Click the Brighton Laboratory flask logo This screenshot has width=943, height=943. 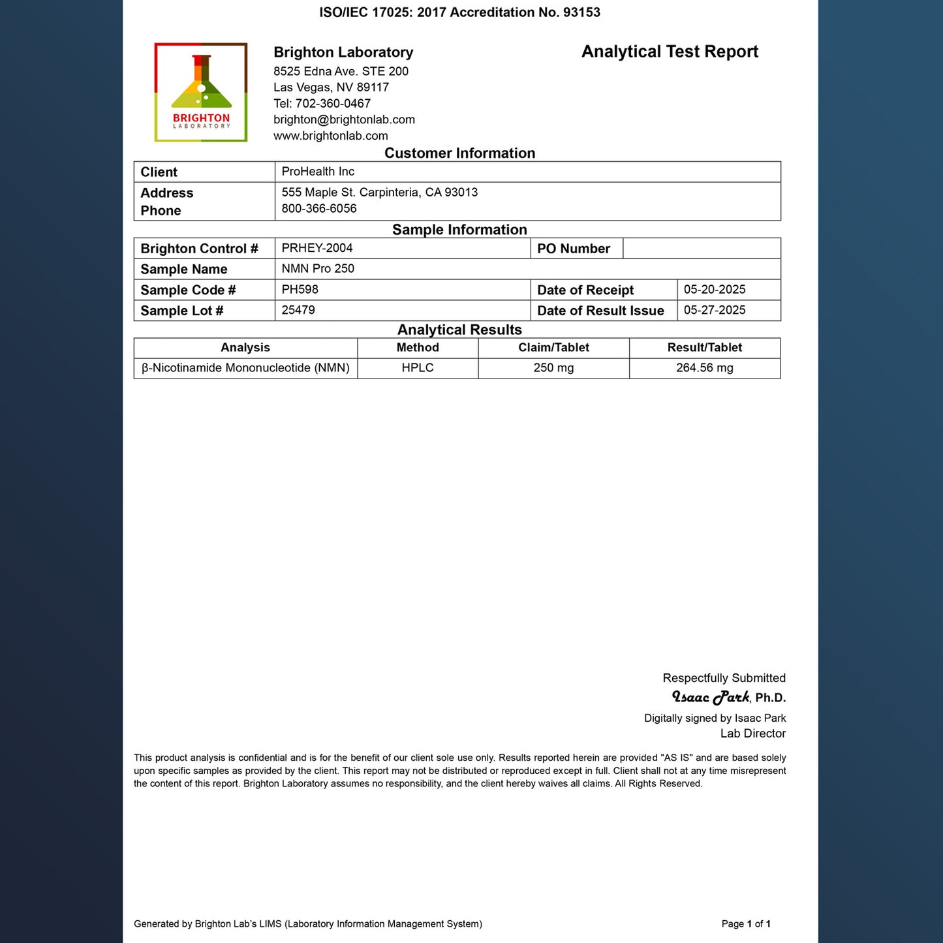(201, 92)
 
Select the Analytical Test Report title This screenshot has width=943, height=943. (670, 52)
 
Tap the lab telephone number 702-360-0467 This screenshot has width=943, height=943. (333, 103)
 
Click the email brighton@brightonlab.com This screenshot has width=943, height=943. (344, 119)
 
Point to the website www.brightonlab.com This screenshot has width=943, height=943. (330, 136)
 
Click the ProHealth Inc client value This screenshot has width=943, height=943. (318, 172)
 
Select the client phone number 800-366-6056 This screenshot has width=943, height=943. (319, 209)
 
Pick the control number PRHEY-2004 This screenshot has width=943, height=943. (317, 248)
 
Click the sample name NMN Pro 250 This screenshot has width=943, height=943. (318, 269)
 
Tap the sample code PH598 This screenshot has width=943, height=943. (300, 290)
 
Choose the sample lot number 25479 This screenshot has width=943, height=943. (298, 311)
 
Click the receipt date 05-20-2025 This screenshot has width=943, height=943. (715, 290)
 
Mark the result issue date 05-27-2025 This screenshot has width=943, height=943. (715, 311)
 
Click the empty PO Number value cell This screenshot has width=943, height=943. (702, 249)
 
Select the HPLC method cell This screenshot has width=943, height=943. (418, 368)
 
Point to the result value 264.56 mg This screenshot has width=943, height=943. (705, 368)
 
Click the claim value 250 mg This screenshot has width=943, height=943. (553, 368)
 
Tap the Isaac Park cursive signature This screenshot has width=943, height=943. (711, 698)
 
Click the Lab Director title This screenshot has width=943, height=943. (752, 734)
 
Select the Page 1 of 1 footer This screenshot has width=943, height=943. (746, 924)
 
